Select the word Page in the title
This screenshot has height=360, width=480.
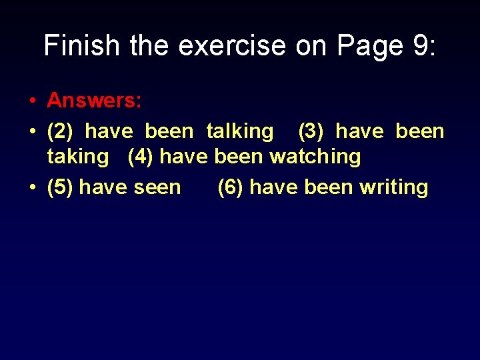(x=367, y=45)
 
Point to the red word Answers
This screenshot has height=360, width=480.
(x=94, y=101)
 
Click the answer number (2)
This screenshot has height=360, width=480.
(x=61, y=131)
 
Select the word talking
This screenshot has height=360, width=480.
(x=239, y=131)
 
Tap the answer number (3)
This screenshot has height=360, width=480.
(x=311, y=131)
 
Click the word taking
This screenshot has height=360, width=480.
(x=77, y=157)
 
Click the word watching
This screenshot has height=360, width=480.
(x=315, y=157)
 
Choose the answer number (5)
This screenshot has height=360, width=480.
(x=61, y=187)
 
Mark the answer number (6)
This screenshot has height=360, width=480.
(x=231, y=187)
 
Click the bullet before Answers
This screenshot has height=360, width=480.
(x=32, y=101)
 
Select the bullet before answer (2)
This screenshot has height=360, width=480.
(x=32, y=132)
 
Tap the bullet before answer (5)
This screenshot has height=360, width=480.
(x=32, y=188)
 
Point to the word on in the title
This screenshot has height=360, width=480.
(x=312, y=45)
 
